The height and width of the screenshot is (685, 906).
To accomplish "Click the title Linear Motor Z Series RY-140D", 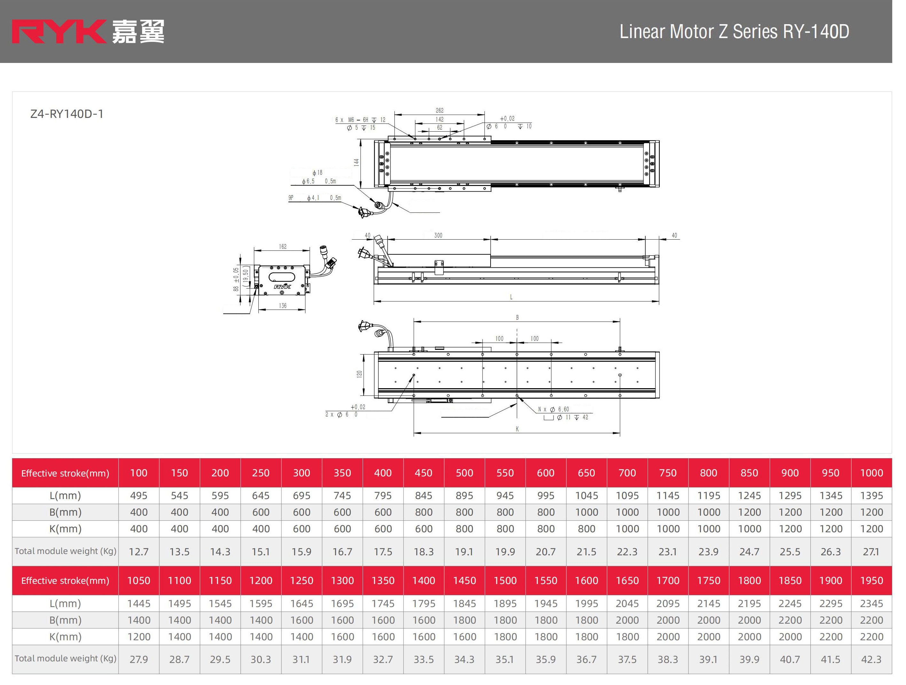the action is [x=734, y=32].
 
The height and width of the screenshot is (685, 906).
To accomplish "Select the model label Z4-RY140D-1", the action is [x=67, y=114].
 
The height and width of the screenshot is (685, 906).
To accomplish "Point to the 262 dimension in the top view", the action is [x=439, y=111].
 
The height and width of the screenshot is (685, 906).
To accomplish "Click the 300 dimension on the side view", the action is [x=438, y=235].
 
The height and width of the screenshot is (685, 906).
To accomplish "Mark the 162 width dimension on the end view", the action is [x=283, y=246].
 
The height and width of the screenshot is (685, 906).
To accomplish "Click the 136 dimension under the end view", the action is [x=283, y=306].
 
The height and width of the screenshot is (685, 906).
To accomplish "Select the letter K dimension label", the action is [x=517, y=429].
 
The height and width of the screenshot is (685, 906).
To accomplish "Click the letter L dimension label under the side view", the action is [x=511, y=297].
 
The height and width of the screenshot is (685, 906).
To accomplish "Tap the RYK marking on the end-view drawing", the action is [x=282, y=287].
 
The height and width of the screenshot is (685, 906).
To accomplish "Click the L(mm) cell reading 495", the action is [x=139, y=496].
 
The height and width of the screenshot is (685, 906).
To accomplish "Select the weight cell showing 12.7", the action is [x=139, y=551].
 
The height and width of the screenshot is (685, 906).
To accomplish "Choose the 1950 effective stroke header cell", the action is [x=871, y=580].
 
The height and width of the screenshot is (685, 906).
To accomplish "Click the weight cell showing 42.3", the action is [x=871, y=659].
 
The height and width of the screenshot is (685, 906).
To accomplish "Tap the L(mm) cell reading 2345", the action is [x=871, y=604].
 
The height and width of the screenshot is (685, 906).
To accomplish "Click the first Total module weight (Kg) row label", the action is [x=66, y=551].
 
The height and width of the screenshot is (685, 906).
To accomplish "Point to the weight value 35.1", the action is [x=505, y=659].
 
